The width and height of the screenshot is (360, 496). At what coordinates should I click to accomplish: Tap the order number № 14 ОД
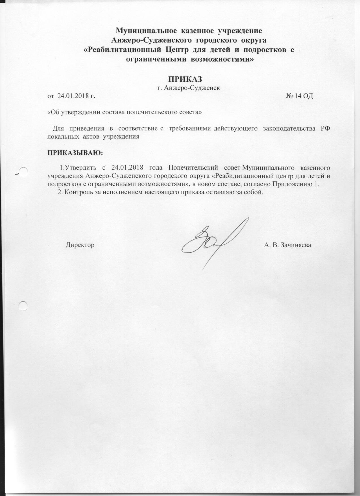pos(300,96)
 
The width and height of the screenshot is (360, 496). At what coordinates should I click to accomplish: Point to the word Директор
pos(80,244)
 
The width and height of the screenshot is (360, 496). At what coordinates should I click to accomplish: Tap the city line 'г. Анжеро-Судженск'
pos(189,88)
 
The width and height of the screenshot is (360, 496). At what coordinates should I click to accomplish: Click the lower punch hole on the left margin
pos(23,306)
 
